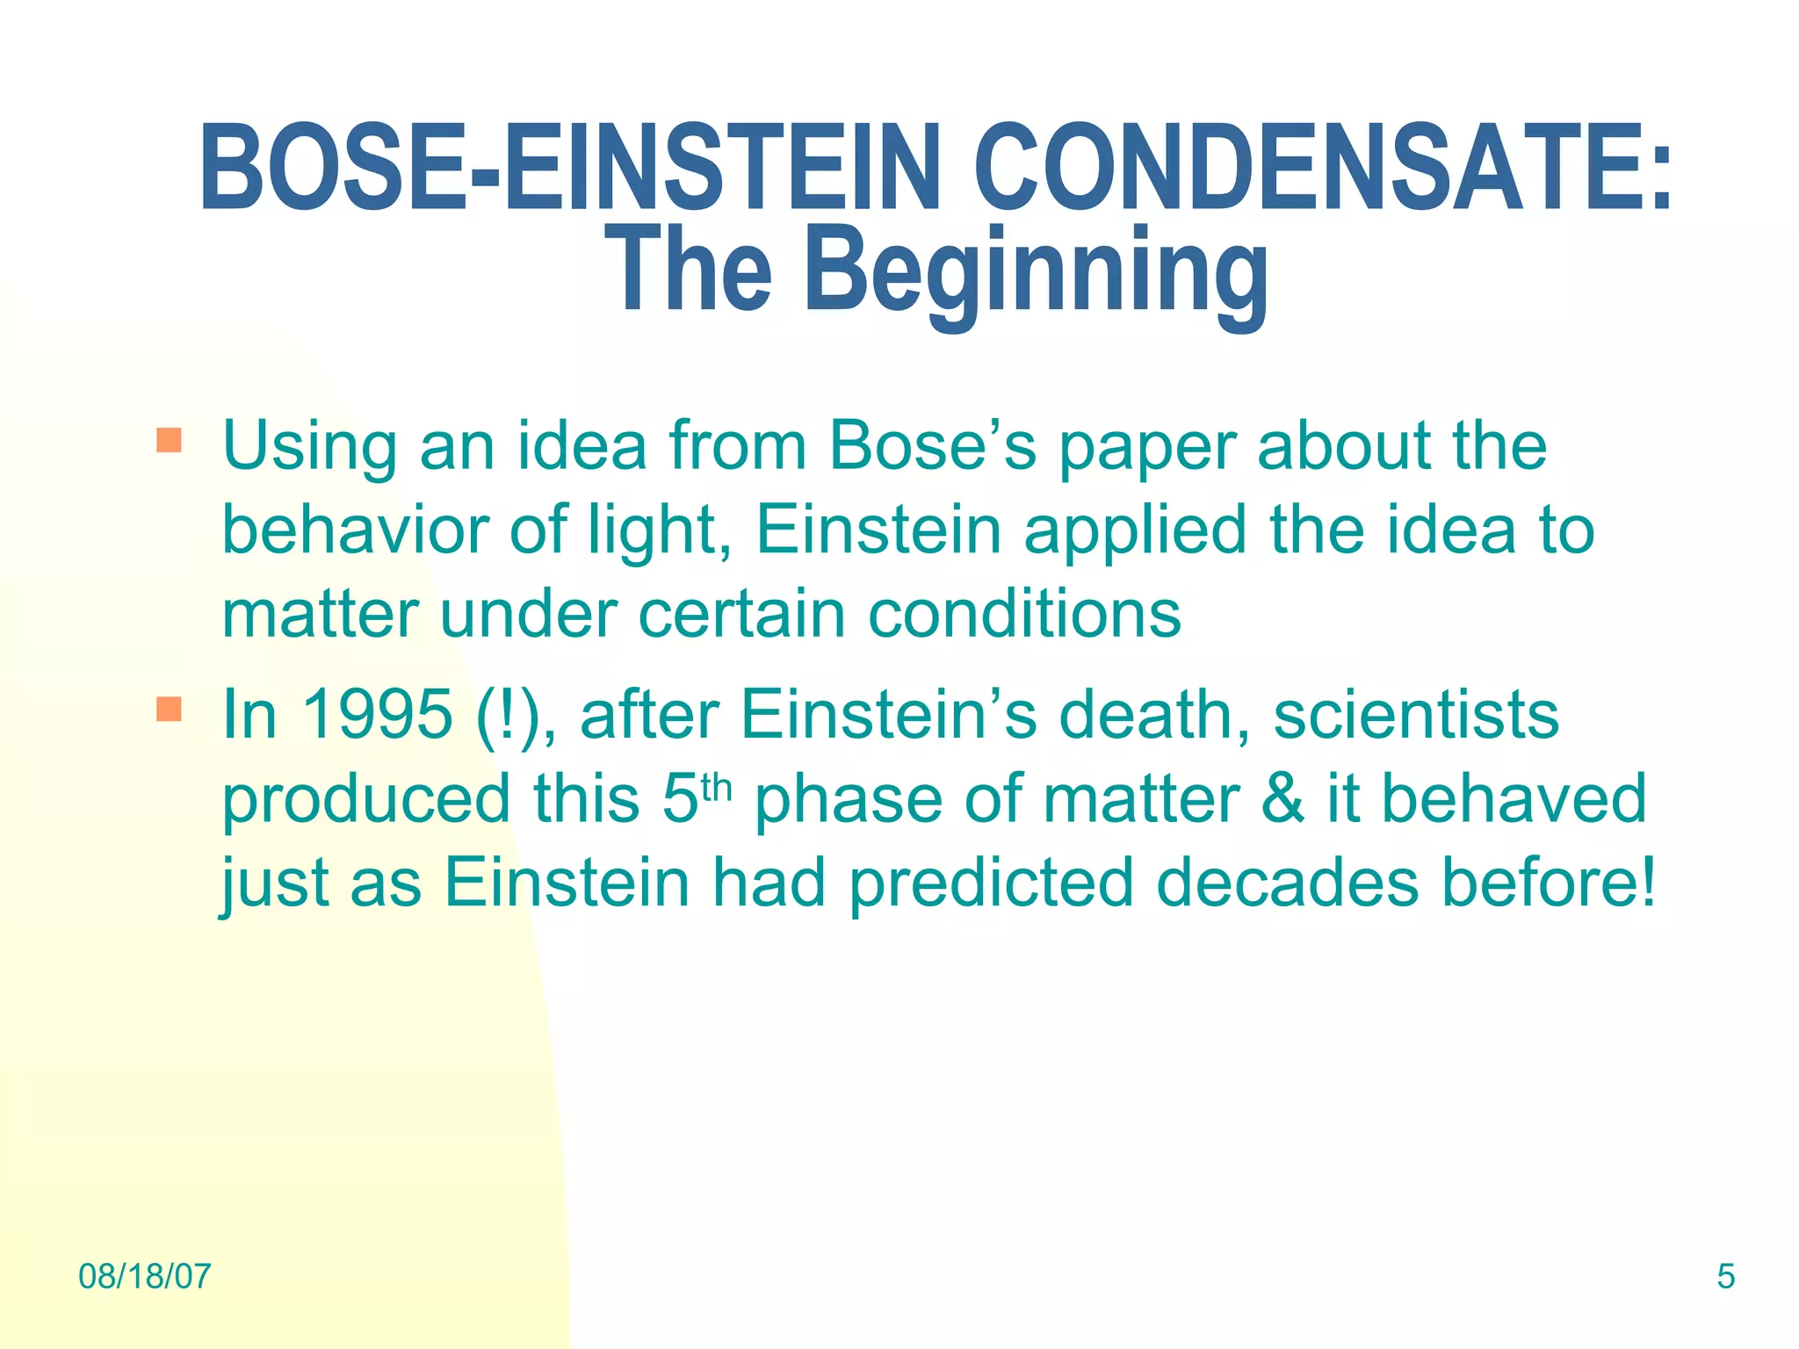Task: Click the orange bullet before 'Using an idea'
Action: (x=169, y=440)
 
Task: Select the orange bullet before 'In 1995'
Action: (x=169, y=709)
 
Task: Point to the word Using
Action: (x=310, y=447)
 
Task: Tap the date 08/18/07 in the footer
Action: (x=145, y=1276)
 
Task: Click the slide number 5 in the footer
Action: (x=1726, y=1276)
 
